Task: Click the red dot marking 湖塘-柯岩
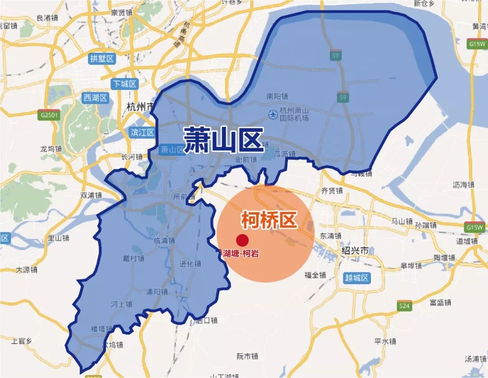(243, 240)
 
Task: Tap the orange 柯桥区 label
(269, 220)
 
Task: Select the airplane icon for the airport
(273, 114)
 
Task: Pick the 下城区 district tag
(124, 84)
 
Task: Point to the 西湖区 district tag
(95, 98)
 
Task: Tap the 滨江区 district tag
(142, 132)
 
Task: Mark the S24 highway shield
(405, 307)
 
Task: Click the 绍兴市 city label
(355, 250)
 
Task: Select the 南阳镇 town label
(277, 97)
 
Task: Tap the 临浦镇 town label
(164, 241)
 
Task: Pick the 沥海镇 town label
(463, 185)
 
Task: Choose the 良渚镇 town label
(47, 18)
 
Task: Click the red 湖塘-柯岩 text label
(241, 254)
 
